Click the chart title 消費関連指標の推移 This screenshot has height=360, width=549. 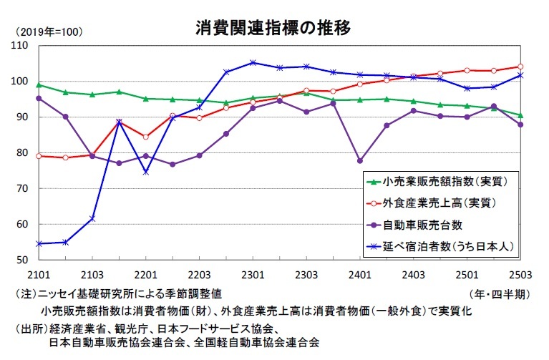coord(273,29)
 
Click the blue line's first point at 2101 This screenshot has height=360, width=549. coord(39,243)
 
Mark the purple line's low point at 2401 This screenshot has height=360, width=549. coord(359,161)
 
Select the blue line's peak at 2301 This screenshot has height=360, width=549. coord(253,62)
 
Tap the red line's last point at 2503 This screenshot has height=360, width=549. coord(520,67)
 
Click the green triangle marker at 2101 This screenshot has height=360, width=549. coord(39,85)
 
